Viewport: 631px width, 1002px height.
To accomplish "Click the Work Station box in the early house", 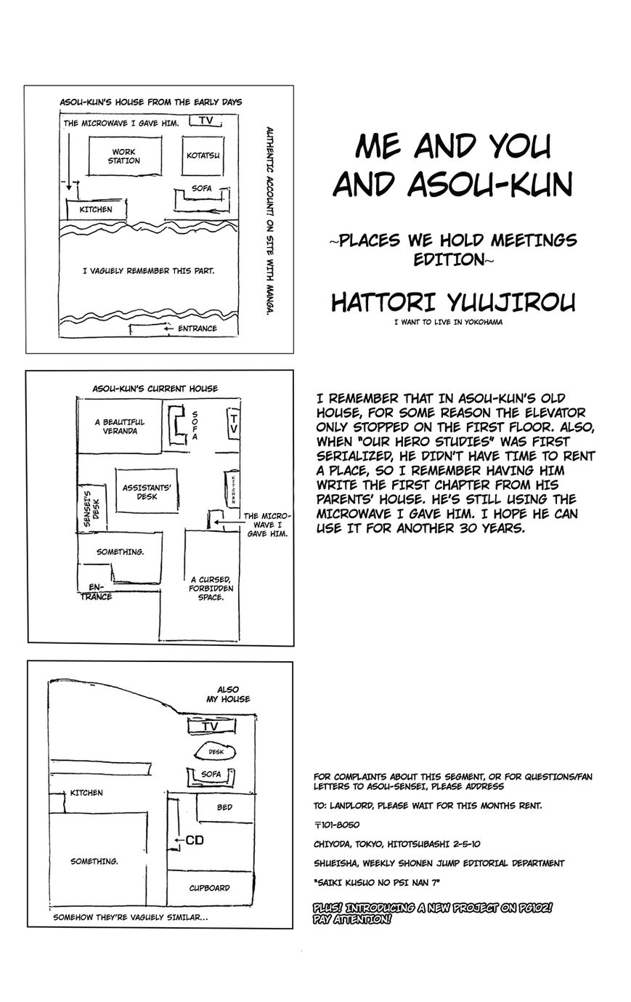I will click(123, 156).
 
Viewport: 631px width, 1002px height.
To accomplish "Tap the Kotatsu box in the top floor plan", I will click(203, 155).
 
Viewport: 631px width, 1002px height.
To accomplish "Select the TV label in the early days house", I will click(206, 121).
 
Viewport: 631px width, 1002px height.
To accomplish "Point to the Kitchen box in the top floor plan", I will click(95, 209).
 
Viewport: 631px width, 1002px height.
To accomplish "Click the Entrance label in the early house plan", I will click(195, 328).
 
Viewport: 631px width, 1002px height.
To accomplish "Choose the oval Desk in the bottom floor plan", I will click(216, 753).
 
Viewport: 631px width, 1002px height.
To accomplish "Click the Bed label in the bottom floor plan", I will click(224, 807).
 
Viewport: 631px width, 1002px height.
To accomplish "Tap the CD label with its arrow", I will click(190, 841).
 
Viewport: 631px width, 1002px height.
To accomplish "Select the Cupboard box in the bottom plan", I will click(209, 887).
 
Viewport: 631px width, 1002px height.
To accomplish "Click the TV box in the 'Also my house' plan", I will click(211, 727).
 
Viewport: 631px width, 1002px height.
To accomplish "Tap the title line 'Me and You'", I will click(452, 148).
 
